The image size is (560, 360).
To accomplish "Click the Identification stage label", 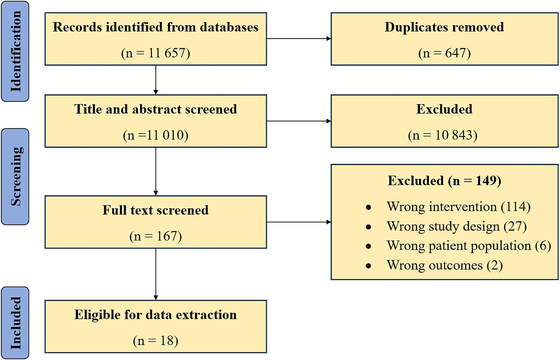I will [x=15, y=51].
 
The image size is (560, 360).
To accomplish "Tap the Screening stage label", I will [x=15, y=176].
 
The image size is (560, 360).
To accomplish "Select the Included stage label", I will [x=15, y=323].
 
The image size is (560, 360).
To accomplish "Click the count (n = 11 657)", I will [x=156, y=53].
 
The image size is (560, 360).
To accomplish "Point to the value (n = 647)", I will [x=444, y=53].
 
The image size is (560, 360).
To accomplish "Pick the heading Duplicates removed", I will [x=444, y=27].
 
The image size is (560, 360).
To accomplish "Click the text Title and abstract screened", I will [x=156, y=109].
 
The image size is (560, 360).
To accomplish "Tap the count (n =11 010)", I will [x=156, y=135].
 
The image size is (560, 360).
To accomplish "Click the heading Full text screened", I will [x=156, y=210].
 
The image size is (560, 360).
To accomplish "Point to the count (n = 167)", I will [x=156, y=236].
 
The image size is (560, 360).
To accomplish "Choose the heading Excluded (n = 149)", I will [x=444, y=181].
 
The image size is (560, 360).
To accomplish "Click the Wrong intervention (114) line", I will [x=458, y=206].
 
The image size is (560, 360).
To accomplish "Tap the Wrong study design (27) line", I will [x=456, y=226].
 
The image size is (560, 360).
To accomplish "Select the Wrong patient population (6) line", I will [x=469, y=246].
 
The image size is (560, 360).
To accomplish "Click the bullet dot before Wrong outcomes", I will [x=368, y=266].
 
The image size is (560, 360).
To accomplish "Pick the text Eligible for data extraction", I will [x=156, y=314].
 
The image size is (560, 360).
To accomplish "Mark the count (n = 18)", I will [x=156, y=341].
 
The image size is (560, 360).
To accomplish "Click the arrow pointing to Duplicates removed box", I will [x=299, y=38].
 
